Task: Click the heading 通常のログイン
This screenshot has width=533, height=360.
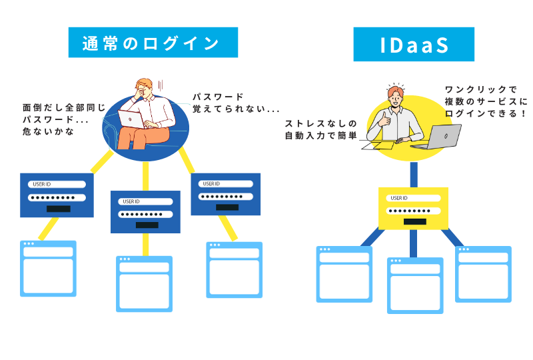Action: pyautogui.click(x=153, y=43)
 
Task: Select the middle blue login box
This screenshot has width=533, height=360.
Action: pyautogui.click(x=146, y=212)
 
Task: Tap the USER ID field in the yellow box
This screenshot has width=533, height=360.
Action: pyautogui.click(x=415, y=198)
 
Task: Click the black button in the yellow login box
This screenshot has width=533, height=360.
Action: pyautogui.click(x=415, y=221)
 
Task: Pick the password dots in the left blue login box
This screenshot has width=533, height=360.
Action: pyautogui.click(x=57, y=197)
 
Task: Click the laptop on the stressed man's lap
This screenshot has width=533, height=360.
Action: pyautogui.click(x=132, y=119)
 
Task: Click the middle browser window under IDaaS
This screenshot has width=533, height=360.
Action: pyautogui.click(x=415, y=285)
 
